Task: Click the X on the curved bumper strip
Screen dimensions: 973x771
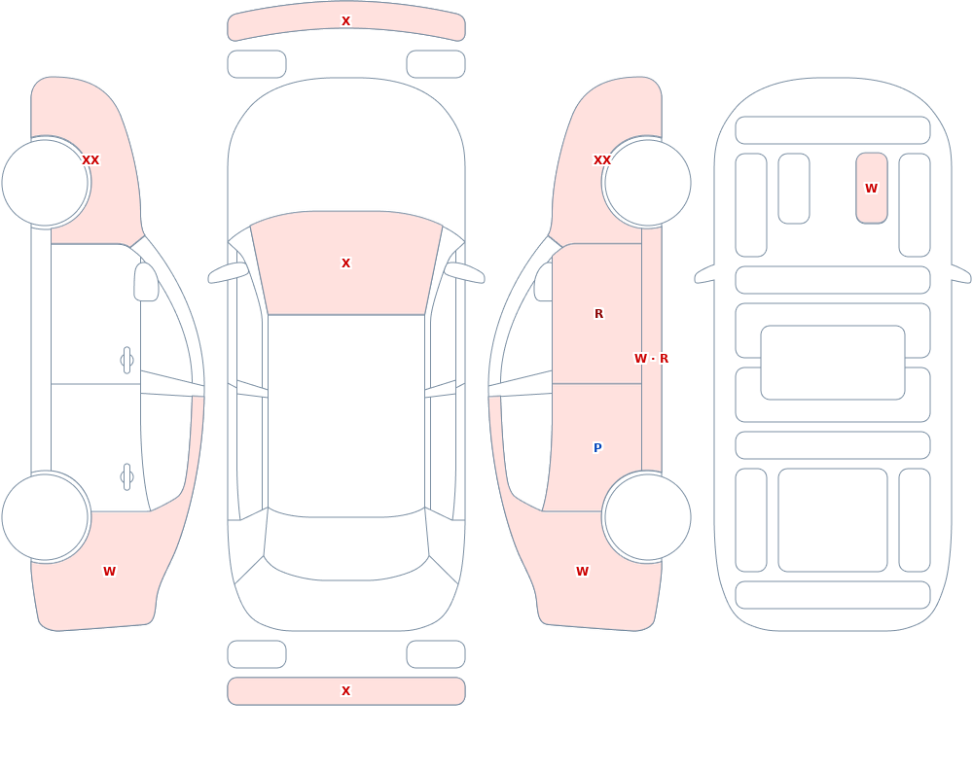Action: point(346,21)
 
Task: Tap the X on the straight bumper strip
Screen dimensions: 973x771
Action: point(346,691)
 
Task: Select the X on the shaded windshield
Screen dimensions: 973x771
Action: point(346,263)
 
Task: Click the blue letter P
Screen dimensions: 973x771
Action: point(597,448)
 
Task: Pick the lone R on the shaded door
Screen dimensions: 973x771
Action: point(598,314)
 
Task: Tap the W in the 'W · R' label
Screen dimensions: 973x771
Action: point(640,359)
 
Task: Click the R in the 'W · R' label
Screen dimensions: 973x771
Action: point(664,359)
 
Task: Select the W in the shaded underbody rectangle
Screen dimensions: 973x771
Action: point(871,188)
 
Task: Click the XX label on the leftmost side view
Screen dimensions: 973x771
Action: point(90,160)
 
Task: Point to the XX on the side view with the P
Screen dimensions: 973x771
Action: point(602,160)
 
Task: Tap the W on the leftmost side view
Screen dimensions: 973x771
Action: point(109,572)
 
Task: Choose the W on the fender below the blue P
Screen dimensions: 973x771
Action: point(582,572)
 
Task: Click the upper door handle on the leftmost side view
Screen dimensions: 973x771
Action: point(127,361)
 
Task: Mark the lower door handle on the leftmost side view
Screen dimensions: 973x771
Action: point(127,477)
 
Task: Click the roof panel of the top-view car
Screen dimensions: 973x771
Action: point(346,415)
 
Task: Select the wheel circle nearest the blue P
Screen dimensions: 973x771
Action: point(647,516)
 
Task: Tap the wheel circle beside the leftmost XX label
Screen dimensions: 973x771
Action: point(45,183)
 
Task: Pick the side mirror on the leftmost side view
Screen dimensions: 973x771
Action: point(146,282)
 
